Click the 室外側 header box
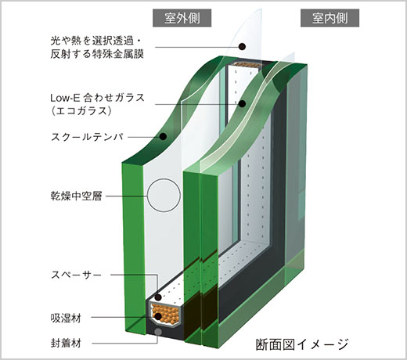coord(182,18)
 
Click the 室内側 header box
coord(330,18)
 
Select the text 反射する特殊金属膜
coord(97,54)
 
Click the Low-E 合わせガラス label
coord(97,98)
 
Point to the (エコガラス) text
coord(81,111)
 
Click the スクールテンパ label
coord(87,137)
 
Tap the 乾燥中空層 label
coord(76,196)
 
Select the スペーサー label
coord(76,275)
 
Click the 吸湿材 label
coord(66,318)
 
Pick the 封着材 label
coord(66,343)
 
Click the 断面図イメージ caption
coord(302,344)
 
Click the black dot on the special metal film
coord(243,46)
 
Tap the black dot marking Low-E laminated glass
coord(243,104)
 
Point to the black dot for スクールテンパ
coord(164,136)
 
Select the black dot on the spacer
coord(158,297)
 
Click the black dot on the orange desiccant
coord(158,317)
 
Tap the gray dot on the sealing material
coord(158,332)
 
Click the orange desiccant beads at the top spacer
coord(247,64)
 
